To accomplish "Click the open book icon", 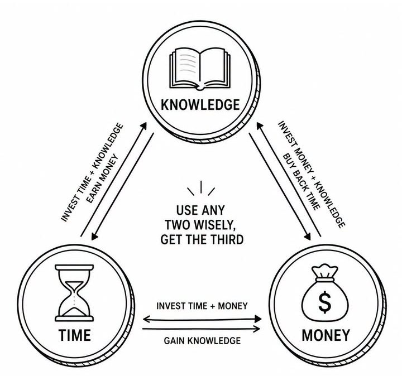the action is click(x=200, y=68).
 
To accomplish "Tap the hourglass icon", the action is click(x=74, y=293).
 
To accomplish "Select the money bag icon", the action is click(x=325, y=293).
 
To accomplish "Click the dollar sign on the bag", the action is click(x=325, y=302).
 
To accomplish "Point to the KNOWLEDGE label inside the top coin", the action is click(x=200, y=105).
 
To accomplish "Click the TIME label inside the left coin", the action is click(x=75, y=335).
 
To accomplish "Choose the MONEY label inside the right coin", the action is click(x=326, y=335).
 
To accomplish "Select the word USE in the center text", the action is click(x=187, y=210).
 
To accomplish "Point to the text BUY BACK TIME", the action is click(x=301, y=182).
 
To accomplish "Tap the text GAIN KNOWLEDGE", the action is click(x=202, y=341).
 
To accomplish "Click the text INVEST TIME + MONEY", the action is click(x=202, y=306).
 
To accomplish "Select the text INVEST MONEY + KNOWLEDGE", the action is click(x=312, y=174).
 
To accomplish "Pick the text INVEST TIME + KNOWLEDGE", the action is click(x=92, y=172).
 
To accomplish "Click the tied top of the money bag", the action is click(x=324, y=272).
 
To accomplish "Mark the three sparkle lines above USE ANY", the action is click(x=201, y=188).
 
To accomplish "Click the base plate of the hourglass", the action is click(x=74, y=319).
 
